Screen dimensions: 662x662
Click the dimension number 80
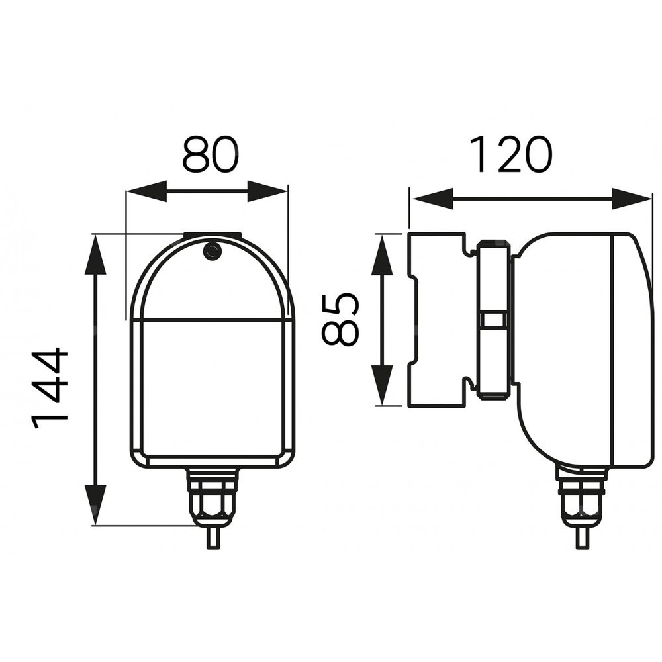tap(210, 154)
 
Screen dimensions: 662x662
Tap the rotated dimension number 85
tap(341, 319)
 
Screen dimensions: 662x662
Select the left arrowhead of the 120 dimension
tap(433, 199)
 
